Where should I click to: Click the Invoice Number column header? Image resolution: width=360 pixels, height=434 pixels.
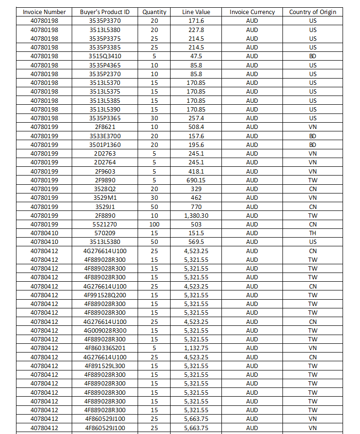pos(45,12)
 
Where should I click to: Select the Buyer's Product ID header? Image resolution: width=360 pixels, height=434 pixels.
pos(105,12)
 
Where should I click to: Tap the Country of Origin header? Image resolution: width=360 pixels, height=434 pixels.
pos(313,12)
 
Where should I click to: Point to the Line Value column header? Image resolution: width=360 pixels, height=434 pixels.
pos(196,12)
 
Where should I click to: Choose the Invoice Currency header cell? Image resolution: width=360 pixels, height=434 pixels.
pos(252,12)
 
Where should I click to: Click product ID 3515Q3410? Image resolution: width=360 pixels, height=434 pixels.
pos(105,56)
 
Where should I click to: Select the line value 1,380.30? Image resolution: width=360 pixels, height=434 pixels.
pos(196,215)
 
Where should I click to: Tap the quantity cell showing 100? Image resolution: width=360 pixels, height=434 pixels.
pos(154,224)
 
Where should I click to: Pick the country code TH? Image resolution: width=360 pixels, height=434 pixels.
pos(313,233)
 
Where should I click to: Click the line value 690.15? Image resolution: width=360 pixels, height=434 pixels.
pos(196,180)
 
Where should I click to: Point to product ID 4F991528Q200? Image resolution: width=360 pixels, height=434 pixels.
pos(105,295)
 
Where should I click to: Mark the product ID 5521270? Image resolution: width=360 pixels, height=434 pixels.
pos(105,224)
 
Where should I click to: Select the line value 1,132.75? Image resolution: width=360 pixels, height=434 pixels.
pos(196,348)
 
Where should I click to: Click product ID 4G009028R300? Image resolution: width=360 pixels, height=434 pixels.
pos(105,330)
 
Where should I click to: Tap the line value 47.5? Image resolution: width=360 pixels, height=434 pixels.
pos(196,56)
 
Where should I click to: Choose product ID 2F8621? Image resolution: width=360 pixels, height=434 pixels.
pos(105,127)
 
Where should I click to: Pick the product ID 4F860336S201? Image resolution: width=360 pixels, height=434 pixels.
pos(105,348)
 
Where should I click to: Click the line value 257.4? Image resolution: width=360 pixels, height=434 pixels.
pos(196,118)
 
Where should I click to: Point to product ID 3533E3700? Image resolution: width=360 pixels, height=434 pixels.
pos(105,136)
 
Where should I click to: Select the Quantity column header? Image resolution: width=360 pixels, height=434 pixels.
pos(154,12)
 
